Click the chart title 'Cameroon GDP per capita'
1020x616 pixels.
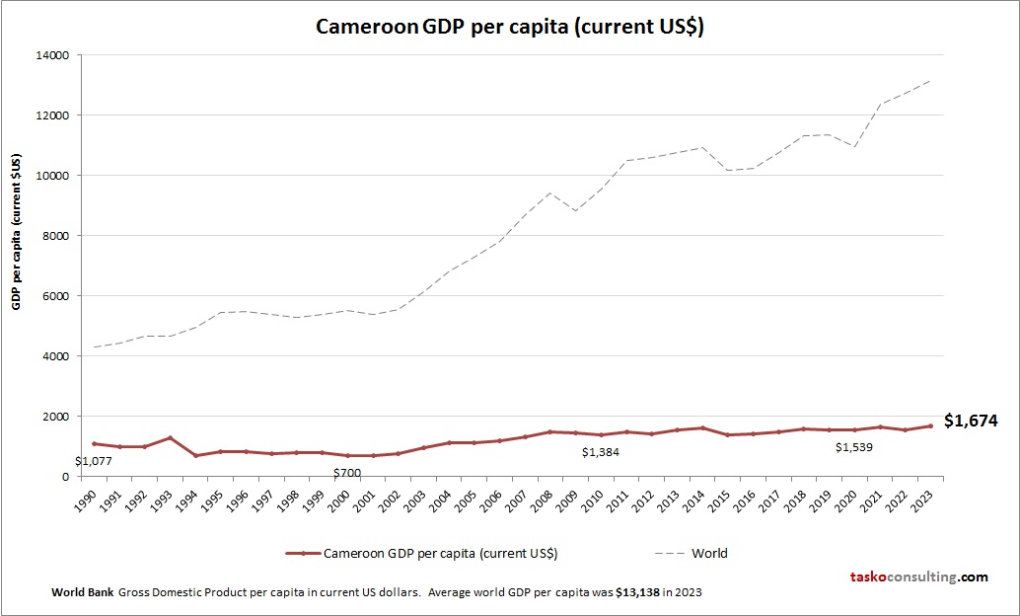509,27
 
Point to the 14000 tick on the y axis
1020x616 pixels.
52,55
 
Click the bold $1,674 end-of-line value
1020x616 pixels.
971,421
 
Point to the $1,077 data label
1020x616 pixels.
94,460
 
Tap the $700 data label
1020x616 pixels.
347,473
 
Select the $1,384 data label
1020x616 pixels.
601,452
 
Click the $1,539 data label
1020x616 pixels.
854,447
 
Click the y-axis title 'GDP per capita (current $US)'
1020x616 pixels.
17,231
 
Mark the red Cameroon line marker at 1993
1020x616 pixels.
171,437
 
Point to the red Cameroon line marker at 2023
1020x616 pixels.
930,425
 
